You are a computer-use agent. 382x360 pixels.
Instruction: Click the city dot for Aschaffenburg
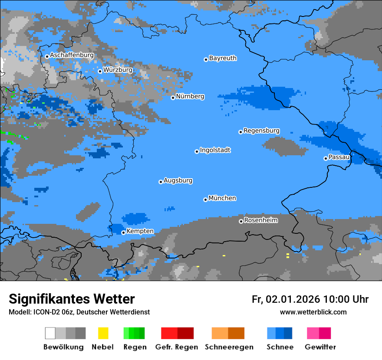tap(47, 56)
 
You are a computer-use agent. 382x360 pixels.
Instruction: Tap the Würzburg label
tap(118, 70)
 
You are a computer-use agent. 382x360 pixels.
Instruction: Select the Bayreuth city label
tap(223, 58)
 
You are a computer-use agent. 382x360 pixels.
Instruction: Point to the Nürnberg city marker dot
tap(173, 98)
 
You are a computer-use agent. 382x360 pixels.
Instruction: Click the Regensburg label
tap(261, 131)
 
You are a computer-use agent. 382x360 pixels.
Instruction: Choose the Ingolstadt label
tap(215, 150)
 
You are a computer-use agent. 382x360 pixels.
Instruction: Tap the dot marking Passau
tap(326, 158)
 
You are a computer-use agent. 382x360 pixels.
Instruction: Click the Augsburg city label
tap(178, 180)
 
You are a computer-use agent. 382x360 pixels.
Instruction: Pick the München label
tap(222, 198)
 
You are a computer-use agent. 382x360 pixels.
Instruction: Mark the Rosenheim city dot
tap(241, 222)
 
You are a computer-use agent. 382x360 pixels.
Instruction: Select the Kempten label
tap(140, 231)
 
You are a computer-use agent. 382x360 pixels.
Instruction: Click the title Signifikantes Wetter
tap(72, 299)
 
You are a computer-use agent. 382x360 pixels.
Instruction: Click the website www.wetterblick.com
tap(313, 312)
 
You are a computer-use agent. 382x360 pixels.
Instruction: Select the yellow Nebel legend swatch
tap(103, 333)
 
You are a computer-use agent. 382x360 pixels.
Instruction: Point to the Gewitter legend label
tap(320, 347)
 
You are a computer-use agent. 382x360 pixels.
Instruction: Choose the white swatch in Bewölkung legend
tap(50, 333)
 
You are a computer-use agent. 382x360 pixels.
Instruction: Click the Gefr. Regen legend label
tap(176, 347)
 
